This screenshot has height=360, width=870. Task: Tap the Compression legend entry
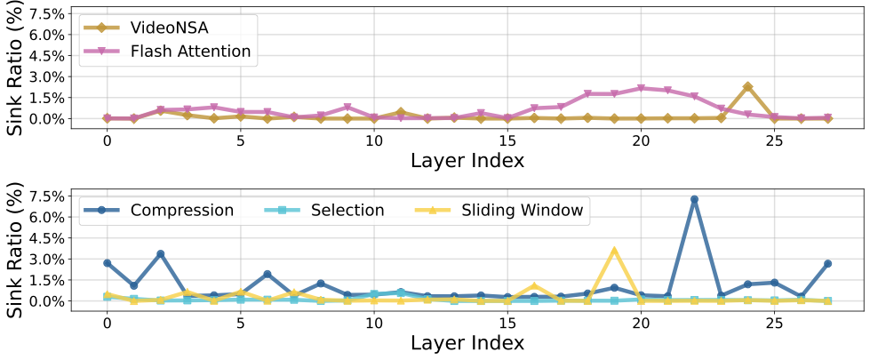click(181, 211)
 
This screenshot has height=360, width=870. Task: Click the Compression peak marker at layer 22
click(694, 199)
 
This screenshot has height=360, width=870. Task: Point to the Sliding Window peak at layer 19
click(614, 251)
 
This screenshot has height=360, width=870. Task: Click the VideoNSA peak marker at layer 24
click(747, 87)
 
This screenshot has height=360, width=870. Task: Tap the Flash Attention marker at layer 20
click(641, 89)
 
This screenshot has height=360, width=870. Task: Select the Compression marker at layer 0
click(108, 263)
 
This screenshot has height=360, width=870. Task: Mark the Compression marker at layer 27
click(827, 264)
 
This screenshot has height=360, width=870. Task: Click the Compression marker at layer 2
click(161, 254)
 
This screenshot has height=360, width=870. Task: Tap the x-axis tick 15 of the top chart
click(507, 140)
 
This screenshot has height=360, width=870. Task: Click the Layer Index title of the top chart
click(467, 160)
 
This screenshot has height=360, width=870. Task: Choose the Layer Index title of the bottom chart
click(467, 343)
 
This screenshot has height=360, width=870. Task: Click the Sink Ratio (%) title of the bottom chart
click(15, 250)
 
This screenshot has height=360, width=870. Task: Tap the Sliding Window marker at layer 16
click(534, 286)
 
